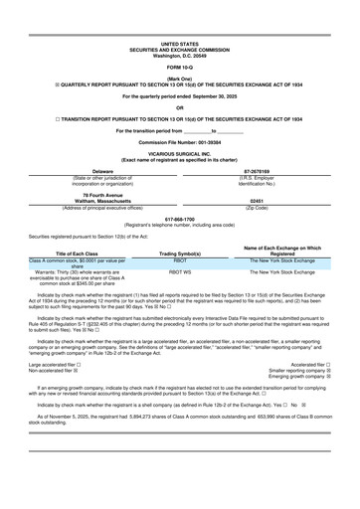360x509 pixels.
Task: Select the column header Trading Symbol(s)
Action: point(179,281)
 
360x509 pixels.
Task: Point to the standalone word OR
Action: point(179,108)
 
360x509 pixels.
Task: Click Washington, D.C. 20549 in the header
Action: point(179,55)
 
